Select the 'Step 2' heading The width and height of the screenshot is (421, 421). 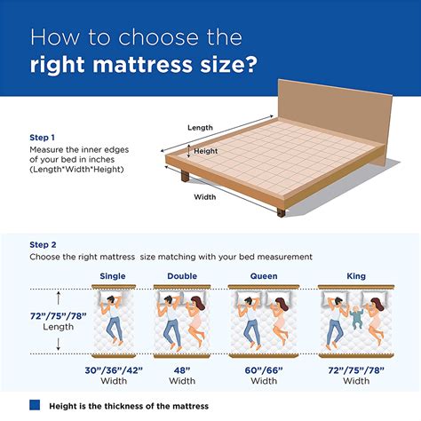point(44,244)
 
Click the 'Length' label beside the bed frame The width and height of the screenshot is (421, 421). point(200,128)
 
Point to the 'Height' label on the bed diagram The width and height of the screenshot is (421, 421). point(206,152)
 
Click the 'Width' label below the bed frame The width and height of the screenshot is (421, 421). point(204,197)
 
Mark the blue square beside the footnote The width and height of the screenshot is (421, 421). point(36,405)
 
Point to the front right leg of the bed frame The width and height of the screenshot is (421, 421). point(281,210)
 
